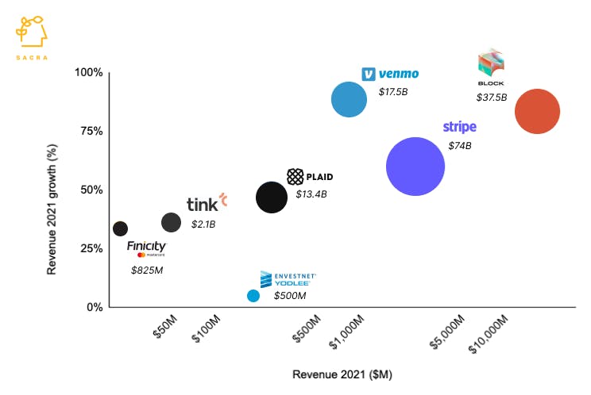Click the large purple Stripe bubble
pos(415,167)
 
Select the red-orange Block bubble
pos(538,112)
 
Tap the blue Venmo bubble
pos(349,100)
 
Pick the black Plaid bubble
pos(272,197)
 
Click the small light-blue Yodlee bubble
pos(253,296)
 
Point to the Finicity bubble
pos(120,228)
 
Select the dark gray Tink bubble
pos(171,222)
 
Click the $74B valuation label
pos(459,146)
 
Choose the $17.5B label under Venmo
pos(392,92)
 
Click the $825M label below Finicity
pos(147,270)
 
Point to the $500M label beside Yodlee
pos(290,296)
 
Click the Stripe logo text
pos(459,127)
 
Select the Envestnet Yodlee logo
pos(288,278)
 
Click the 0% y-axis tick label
pos(94,307)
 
